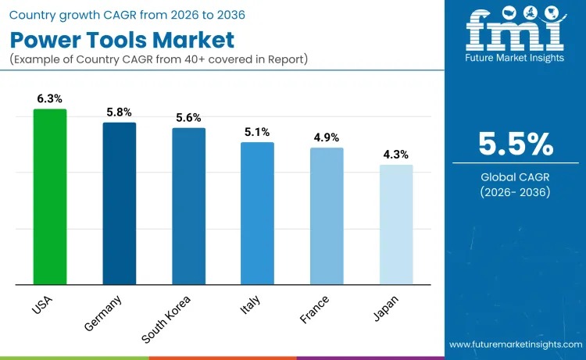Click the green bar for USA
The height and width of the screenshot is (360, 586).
[50, 197]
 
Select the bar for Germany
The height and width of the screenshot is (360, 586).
[119, 204]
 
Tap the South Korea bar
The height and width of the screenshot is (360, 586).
[188, 206]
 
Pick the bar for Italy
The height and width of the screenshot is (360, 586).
[257, 213]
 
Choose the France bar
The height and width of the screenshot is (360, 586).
[327, 216]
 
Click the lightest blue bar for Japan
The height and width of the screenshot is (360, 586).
[396, 225]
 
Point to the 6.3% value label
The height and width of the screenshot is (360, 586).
[49, 98]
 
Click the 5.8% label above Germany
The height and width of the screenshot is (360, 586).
[120, 112]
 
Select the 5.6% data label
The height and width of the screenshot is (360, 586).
[188, 118]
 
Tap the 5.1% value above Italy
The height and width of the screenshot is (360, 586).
[257, 132]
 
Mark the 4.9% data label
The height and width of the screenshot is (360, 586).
[327, 137]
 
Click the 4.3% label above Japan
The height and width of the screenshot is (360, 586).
[395, 155]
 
